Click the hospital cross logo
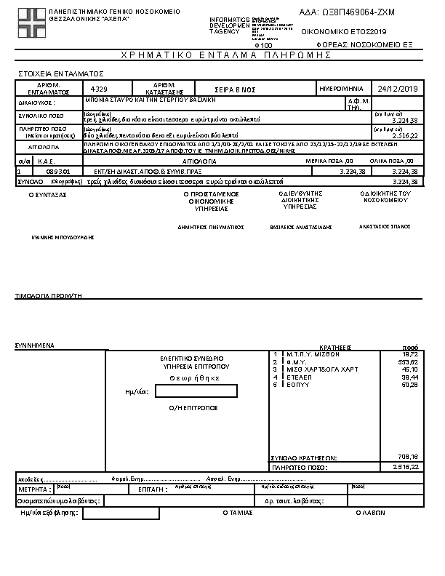click(x=31, y=22)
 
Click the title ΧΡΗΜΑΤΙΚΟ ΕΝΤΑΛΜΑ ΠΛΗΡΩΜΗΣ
click(x=220, y=55)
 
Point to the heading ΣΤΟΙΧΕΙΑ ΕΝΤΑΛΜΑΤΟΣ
click(x=60, y=73)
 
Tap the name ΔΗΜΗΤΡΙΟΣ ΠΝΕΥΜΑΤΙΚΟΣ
click(x=210, y=227)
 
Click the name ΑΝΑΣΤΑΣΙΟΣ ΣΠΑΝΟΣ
click(x=385, y=226)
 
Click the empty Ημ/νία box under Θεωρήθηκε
click(x=196, y=391)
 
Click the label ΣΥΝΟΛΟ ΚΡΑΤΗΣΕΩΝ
click(x=304, y=457)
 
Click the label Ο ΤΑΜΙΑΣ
click(x=237, y=513)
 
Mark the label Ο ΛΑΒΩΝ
click(x=370, y=513)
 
